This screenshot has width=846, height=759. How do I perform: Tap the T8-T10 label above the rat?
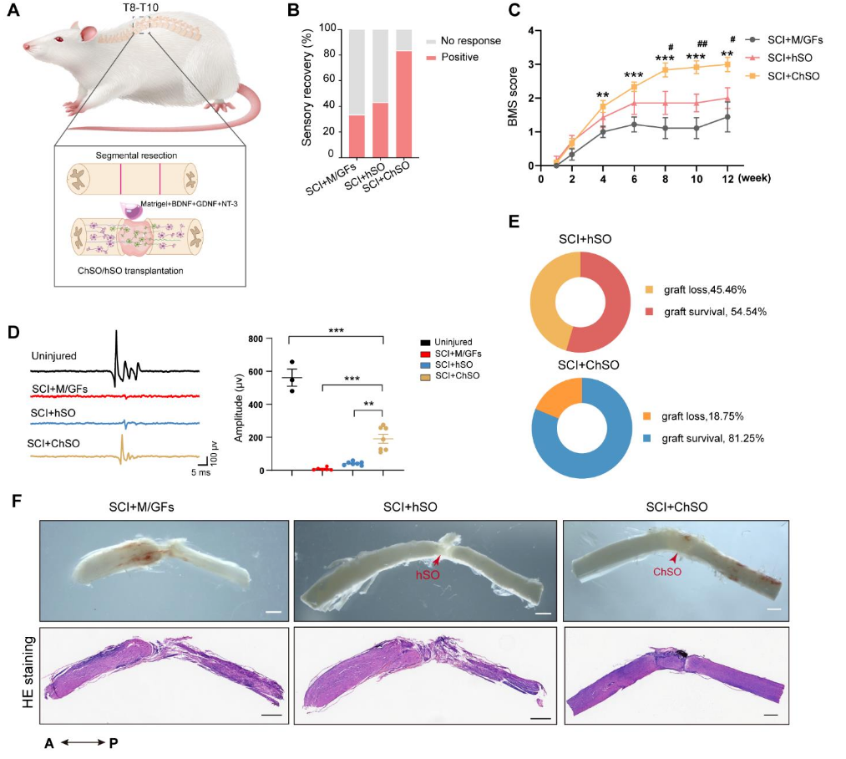pyautogui.click(x=140, y=8)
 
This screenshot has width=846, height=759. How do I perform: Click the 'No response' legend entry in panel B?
pyautogui.click(x=464, y=41)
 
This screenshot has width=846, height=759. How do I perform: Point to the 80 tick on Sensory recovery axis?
pyautogui.click(x=328, y=54)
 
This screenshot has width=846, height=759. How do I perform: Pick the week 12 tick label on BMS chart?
pyautogui.click(x=727, y=179)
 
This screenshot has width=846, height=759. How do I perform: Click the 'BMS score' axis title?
pyautogui.click(x=513, y=97)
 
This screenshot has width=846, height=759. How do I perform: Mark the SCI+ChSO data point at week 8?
pyautogui.click(x=666, y=69)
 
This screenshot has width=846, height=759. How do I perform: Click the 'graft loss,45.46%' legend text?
pyautogui.click(x=705, y=290)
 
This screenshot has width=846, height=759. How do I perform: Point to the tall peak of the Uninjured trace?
pyautogui.click(x=116, y=331)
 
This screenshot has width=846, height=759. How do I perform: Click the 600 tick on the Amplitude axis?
pyautogui.click(x=256, y=372)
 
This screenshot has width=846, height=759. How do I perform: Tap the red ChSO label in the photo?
pyautogui.click(x=667, y=572)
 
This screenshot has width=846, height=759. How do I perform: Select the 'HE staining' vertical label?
pyautogui.click(x=28, y=672)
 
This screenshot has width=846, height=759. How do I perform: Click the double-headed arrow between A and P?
pyautogui.click(x=83, y=743)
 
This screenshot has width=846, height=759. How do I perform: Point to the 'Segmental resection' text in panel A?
pyautogui.click(x=136, y=155)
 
